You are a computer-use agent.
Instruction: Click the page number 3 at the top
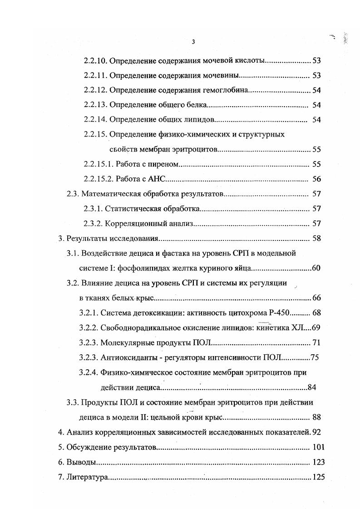click(193, 42)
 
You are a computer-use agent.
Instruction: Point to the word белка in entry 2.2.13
click(196, 105)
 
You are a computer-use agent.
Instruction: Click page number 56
click(316, 179)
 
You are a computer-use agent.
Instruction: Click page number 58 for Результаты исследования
click(316, 238)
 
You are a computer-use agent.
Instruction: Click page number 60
click(316, 268)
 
